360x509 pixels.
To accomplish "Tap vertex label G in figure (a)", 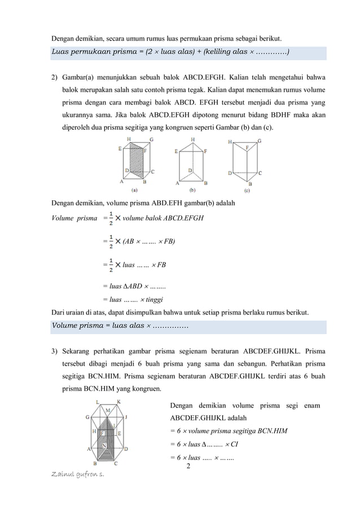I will point(151,139).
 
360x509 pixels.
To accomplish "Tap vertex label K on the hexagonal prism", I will point(118,402).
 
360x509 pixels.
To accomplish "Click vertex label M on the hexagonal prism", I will point(108,409).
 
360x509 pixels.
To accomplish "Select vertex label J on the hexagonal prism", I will point(126,417).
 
